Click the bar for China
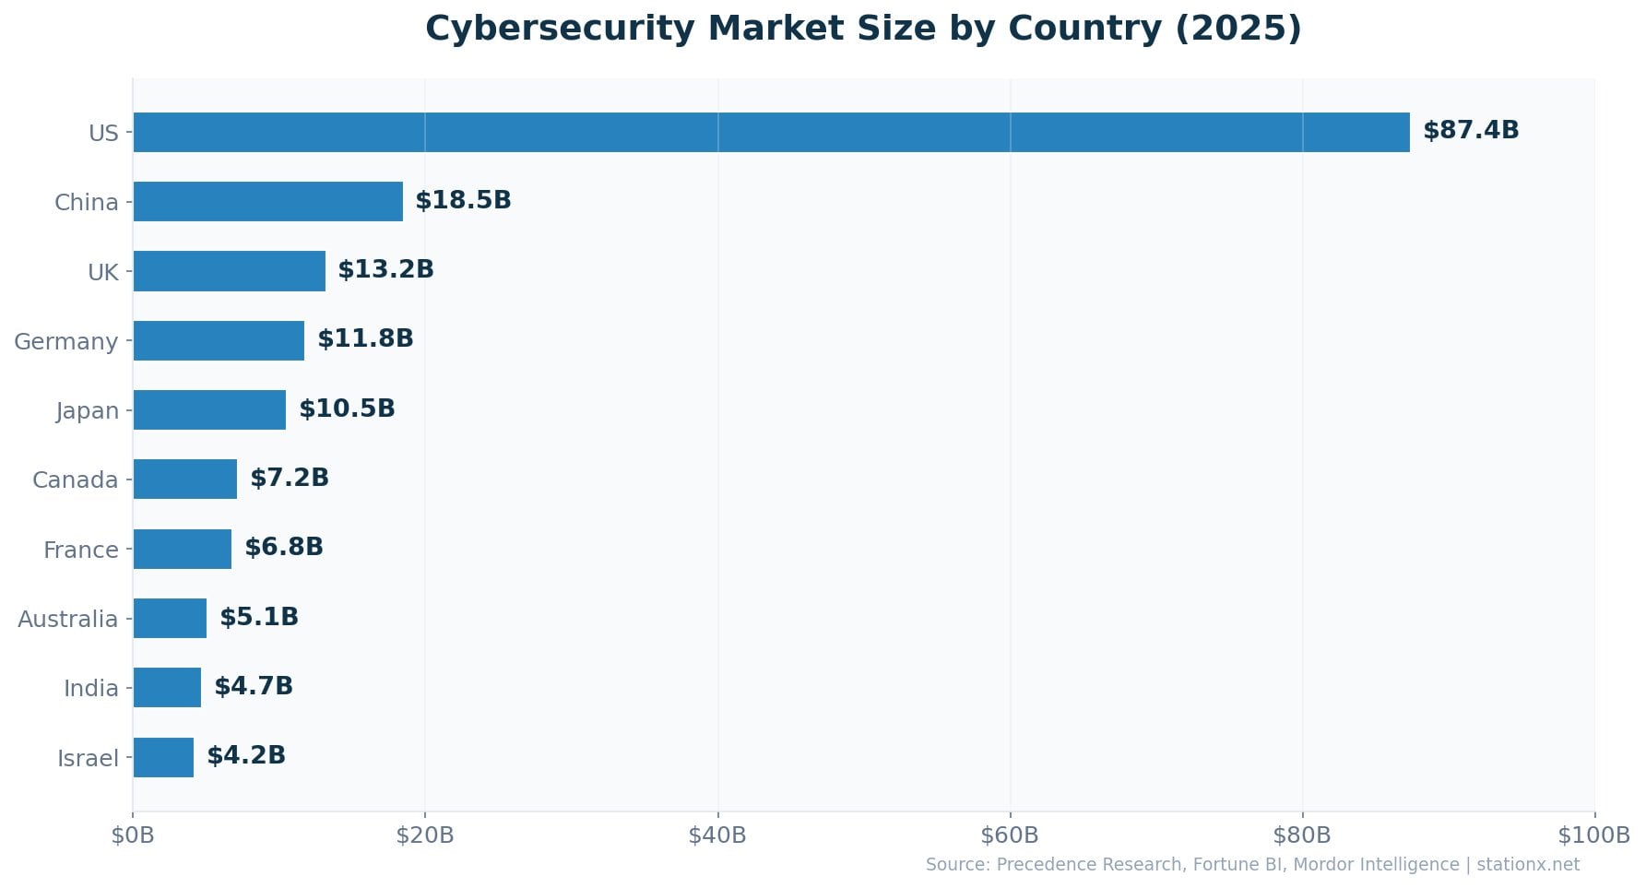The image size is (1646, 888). point(267,202)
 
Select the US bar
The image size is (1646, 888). point(771,133)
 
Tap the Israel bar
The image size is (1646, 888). point(163,757)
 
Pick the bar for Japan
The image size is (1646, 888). point(209,410)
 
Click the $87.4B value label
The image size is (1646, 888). point(1471,131)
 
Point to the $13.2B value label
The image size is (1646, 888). point(385,269)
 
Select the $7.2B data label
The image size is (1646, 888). point(290,478)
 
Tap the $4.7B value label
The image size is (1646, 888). point(254,686)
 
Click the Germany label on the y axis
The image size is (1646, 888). point(66,342)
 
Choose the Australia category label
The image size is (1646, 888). point(67,619)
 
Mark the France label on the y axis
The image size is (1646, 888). point(81,550)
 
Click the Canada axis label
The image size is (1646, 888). point(76,480)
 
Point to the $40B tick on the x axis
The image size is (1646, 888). point(717,835)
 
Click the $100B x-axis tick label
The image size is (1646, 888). point(1593,835)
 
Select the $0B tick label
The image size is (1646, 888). point(133,835)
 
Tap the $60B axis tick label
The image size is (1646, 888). point(1010,835)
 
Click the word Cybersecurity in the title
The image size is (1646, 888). point(559,29)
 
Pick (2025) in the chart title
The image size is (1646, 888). point(1238,29)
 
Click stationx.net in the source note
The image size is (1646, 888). point(1528,865)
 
